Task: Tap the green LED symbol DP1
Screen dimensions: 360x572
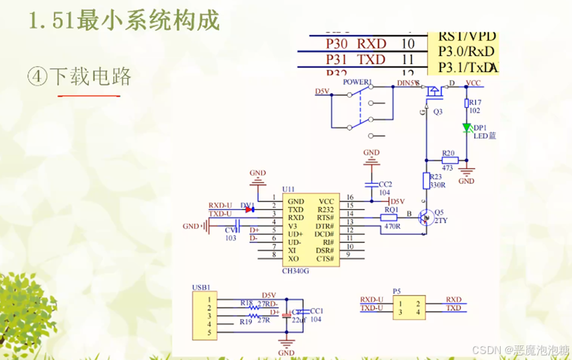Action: pyautogui.click(x=466, y=128)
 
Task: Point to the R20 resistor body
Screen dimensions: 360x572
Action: pyautogui.click(x=450, y=159)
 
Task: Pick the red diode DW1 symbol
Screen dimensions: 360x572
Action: pyautogui.click(x=249, y=209)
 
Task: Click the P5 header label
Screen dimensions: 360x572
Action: pyautogui.click(x=397, y=291)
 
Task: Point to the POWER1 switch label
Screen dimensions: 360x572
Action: pyautogui.click(x=357, y=82)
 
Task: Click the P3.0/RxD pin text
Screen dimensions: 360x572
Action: pyautogui.click(x=466, y=52)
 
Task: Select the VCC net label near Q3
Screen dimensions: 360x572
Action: pyautogui.click(x=473, y=83)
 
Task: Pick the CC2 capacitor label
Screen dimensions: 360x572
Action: pyautogui.click(x=386, y=184)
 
